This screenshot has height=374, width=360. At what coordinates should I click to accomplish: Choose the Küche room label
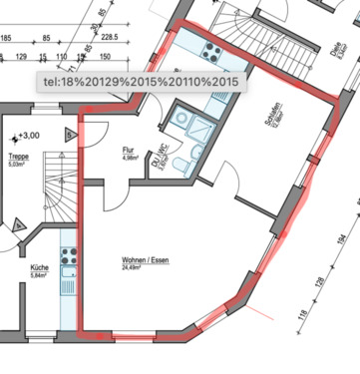pos(39,267)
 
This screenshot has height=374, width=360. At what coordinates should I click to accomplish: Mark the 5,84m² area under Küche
pos(40,276)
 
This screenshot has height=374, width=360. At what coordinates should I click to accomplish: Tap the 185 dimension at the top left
pos(8,38)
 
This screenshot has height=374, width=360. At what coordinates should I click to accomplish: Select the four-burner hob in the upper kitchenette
pos(212,50)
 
